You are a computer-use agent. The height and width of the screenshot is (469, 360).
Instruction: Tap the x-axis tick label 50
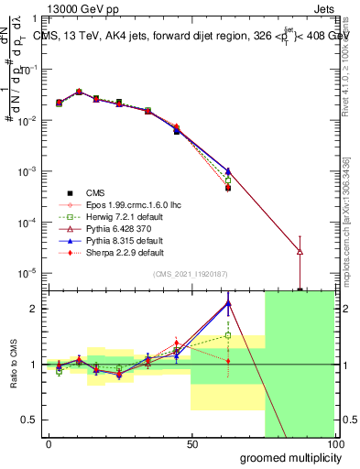(191, 444)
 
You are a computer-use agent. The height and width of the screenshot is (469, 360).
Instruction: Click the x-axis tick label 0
(49, 444)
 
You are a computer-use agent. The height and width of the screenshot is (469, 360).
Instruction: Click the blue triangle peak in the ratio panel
(227, 302)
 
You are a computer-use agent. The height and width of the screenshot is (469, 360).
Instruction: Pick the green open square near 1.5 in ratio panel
(227, 336)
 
